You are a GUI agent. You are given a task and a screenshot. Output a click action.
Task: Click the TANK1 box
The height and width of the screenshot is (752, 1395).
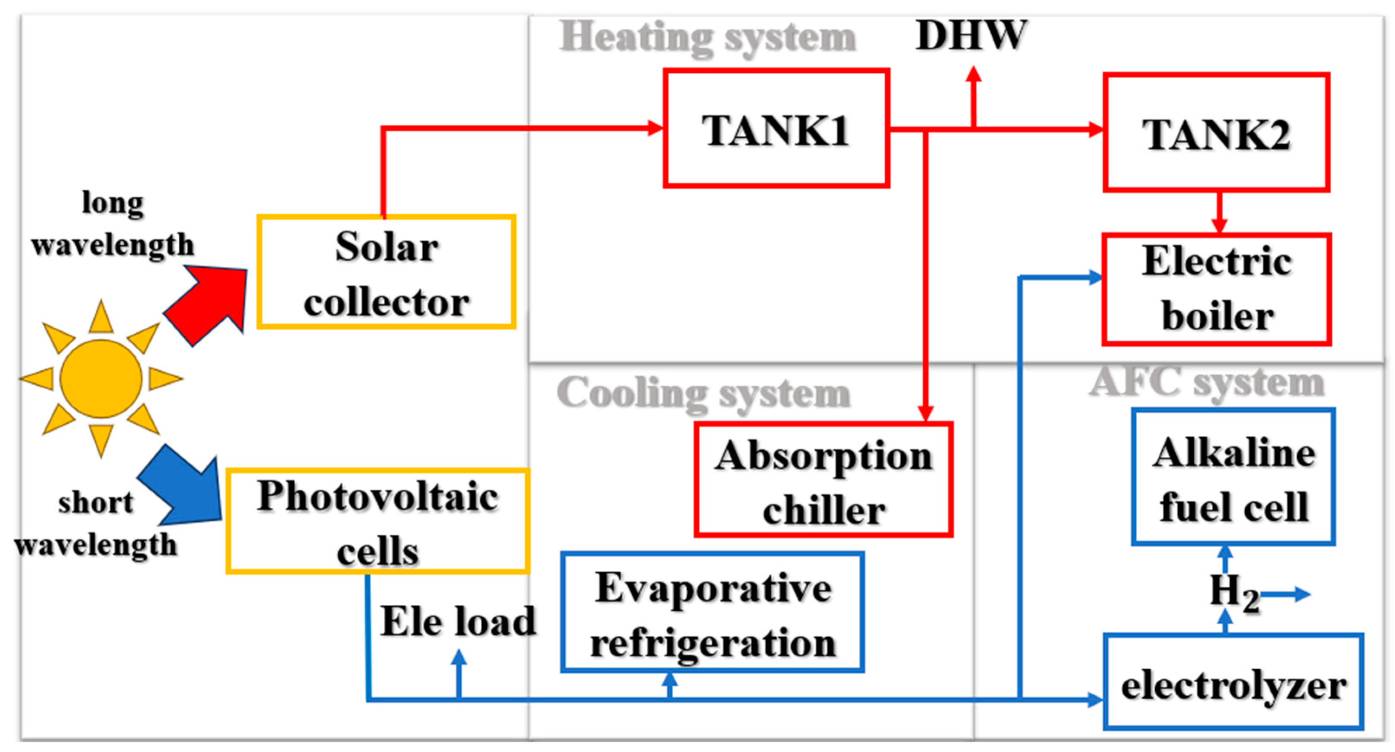click(x=776, y=129)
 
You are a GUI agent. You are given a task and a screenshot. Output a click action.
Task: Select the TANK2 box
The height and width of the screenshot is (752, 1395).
click(x=1216, y=133)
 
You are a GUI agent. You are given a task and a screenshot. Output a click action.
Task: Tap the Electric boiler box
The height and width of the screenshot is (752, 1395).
click(x=1216, y=289)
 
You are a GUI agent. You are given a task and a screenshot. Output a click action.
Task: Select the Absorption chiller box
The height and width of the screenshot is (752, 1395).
click(x=823, y=480)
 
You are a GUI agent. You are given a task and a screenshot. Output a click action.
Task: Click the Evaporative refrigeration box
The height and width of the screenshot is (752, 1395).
click(x=712, y=613)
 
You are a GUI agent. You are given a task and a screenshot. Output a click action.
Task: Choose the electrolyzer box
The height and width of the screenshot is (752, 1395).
click(x=1233, y=682)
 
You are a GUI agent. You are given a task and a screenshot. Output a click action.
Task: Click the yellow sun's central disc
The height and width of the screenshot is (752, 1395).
click(x=101, y=379)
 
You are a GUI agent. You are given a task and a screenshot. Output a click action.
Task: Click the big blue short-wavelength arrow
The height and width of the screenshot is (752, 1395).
click(x=184, y=487)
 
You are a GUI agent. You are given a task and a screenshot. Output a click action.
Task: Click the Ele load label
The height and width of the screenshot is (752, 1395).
click(x=458, y=621)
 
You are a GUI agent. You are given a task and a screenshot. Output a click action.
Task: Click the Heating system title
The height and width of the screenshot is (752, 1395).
click(x=707, y=38)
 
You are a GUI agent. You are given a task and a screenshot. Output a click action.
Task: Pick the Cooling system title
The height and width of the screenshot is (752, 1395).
click(x=703, y=393)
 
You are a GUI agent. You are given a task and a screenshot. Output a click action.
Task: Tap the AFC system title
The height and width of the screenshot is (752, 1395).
click(x=1206, y=383)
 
